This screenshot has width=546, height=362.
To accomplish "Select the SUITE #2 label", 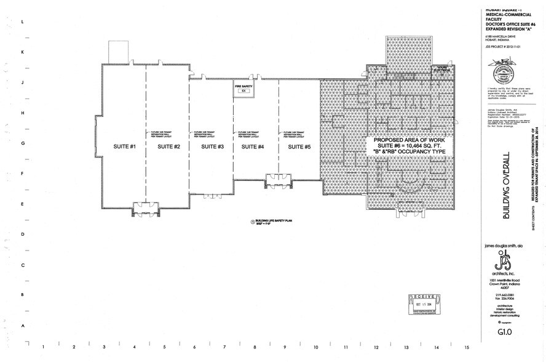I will pos(168,146).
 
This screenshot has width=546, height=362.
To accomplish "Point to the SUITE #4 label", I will pos(253,146).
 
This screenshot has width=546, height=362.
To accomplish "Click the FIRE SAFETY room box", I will pos(243,89).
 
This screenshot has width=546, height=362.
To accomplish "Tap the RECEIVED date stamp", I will pos(424,304).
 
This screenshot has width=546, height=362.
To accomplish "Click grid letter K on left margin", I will pos(23,52).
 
